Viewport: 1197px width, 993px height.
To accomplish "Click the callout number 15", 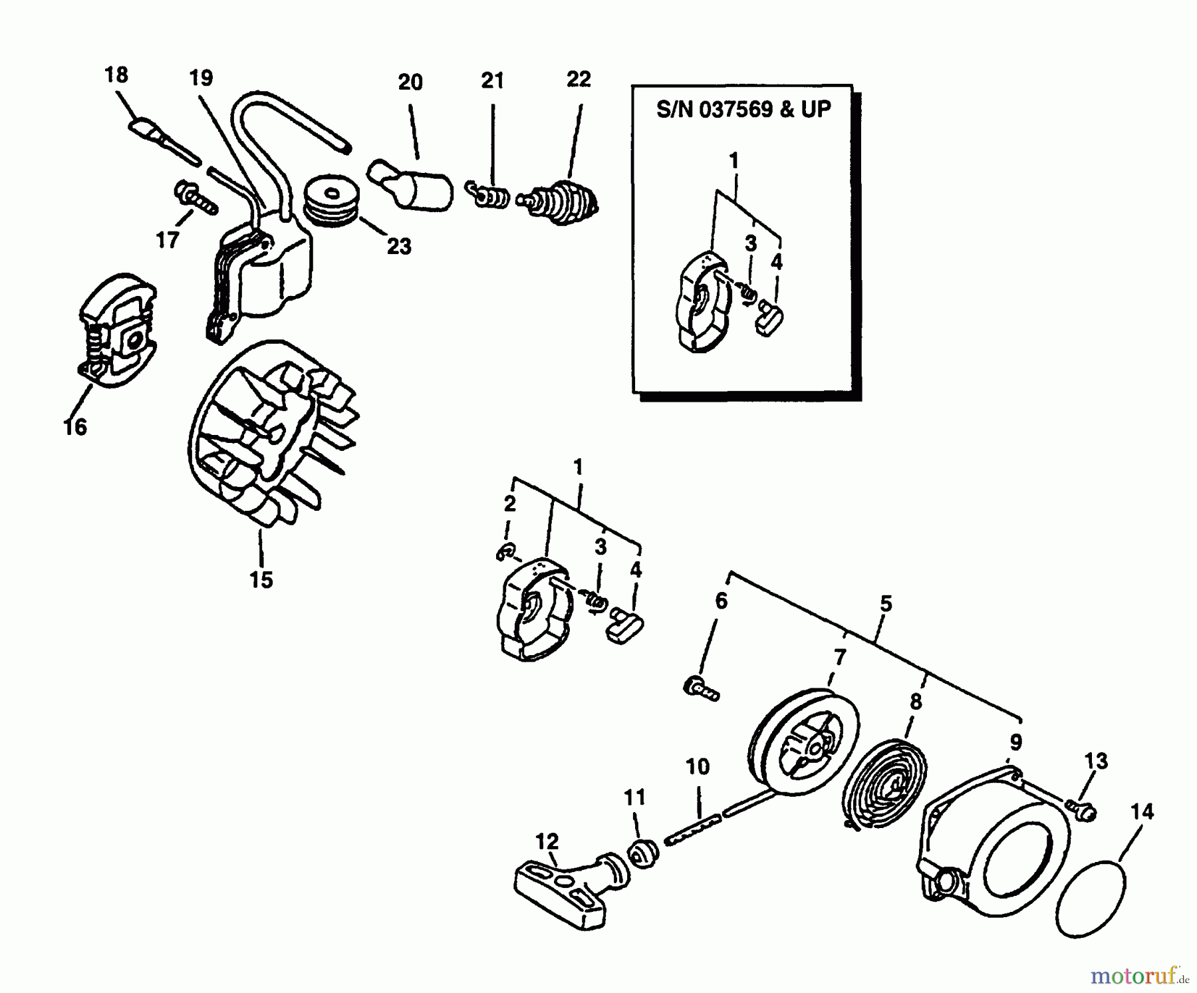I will point(261,579).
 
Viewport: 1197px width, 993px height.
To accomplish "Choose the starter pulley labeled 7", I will point(803,733).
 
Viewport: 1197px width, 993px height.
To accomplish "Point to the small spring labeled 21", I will point(490,196).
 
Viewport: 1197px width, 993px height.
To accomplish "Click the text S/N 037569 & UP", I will point(743,109).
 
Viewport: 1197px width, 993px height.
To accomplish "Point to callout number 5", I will point(885,604).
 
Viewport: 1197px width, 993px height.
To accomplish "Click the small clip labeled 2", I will point(505,551).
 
